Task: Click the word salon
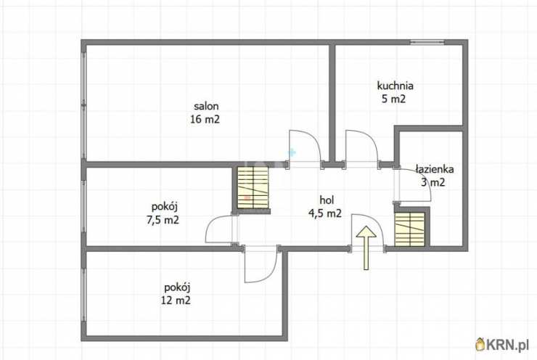coord(206,106)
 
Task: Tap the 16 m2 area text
coord(205,120)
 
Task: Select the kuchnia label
coord(395,86)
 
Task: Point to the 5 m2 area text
coord(393,99)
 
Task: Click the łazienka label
coord(435,169)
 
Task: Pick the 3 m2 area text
coord(433,182)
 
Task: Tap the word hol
coord(327,200)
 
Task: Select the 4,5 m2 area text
coord(325,213)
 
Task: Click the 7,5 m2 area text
coord(163,220)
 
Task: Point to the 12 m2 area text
coord(176,300)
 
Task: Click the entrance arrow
coord(366,247)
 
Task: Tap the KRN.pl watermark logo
coord(501,344)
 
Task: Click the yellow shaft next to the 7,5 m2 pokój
coord(253,188)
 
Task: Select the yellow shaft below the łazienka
coord(409,229)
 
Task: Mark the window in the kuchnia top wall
coord(427,42)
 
